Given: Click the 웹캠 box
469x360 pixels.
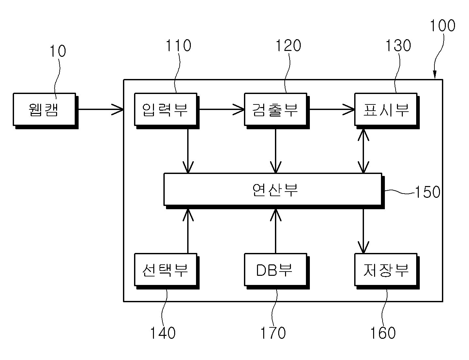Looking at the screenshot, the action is point(46,111).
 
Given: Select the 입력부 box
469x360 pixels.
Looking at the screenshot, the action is point(167,111).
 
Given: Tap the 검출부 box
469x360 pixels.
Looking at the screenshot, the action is point(277,111).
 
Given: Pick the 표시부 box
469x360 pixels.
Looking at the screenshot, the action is point(387,111).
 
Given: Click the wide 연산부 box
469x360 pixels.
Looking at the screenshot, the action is point(274,191).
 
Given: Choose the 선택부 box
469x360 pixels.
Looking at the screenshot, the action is point(167,271).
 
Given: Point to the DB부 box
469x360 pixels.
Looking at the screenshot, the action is point(277,271).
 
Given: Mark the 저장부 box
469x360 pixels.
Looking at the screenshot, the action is point(387,271).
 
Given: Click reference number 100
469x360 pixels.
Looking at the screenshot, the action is point(443,26).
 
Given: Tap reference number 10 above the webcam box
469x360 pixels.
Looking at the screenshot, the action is point(58,51).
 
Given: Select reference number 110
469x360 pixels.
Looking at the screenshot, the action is point(178,45).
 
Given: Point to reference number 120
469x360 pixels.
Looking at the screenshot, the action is point(288,45).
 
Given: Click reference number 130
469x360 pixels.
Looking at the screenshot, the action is point(399,45).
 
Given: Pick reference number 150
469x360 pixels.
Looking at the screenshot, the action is point(428,192).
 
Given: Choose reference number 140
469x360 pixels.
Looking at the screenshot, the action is point(163,333).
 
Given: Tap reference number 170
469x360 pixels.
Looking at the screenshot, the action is point(273,333).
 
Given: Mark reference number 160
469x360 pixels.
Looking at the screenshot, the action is point(383,333).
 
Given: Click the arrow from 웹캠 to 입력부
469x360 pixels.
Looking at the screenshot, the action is point(101,109).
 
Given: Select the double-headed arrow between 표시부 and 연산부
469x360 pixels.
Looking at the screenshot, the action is point(363,151).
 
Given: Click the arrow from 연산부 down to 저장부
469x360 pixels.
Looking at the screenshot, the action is point(363,231).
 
